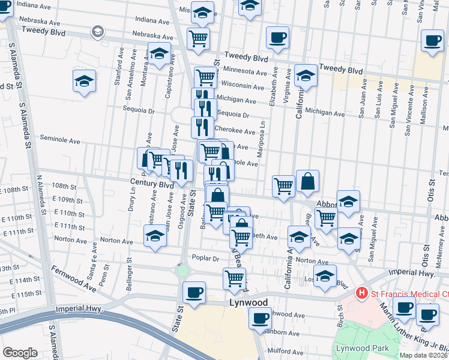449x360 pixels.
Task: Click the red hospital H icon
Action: [361, 293]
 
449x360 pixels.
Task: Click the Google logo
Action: [20, 352]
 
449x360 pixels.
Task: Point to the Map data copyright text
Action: [424, 355]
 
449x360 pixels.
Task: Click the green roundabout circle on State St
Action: [182, 271]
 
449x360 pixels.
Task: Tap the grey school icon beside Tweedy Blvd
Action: [97, 31]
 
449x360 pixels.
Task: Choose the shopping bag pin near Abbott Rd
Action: [307, 181]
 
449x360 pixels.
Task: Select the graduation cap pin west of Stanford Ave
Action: [85, 80]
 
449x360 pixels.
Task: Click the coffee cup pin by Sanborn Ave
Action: [260, 318]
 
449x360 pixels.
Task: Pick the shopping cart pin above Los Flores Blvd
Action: [234, 277]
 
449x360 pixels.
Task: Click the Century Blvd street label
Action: [147, 181]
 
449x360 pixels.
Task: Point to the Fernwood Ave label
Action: [74, 279]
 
